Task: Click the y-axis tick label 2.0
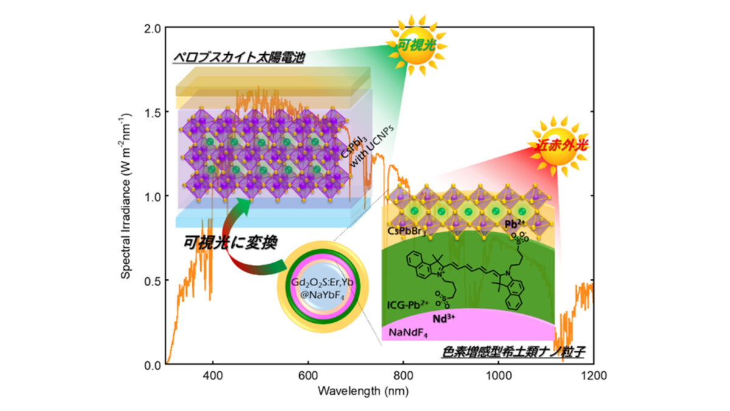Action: pos(153,29)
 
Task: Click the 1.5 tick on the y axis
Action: pos(153,113)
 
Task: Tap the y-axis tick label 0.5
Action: pos(153,281)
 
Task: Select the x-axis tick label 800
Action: pos(403,376)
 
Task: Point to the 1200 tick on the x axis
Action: pos(593,376)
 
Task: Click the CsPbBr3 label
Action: pos(407,232)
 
